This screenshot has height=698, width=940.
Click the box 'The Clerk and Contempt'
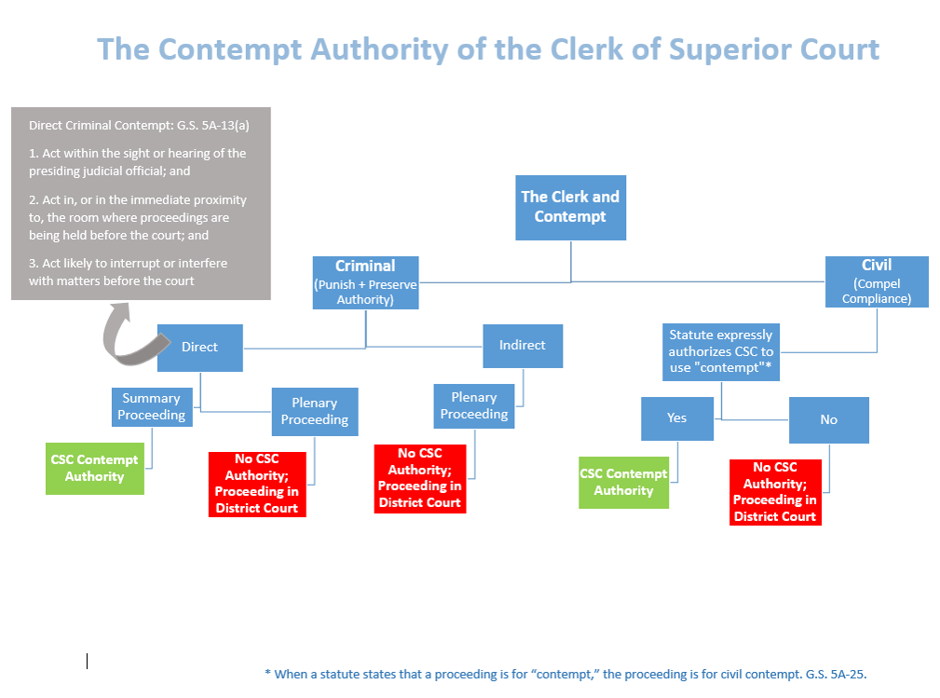(570, 208)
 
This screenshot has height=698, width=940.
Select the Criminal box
(365, 282)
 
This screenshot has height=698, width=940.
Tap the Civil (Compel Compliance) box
(877, 281)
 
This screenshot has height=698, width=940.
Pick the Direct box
(199, 348)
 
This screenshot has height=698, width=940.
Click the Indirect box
(523, 346)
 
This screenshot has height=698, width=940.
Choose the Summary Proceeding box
(152, 406)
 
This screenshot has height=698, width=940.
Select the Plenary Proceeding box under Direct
(315, 411)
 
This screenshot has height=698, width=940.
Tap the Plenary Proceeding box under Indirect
(473, 406)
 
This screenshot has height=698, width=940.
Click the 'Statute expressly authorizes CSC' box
(720, 352)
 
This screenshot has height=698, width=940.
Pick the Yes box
(677, 418)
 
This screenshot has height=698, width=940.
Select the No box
(828, 419)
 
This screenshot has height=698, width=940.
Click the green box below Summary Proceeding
(95, 469)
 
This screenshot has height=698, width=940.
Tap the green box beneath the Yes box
(623, 483)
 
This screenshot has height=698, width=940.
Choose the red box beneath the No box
(775, 492)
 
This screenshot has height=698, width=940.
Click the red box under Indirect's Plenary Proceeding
(419, 478)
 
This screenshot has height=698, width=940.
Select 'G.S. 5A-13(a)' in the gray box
(212, 125)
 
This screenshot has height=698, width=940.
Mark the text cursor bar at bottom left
(87, 661)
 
